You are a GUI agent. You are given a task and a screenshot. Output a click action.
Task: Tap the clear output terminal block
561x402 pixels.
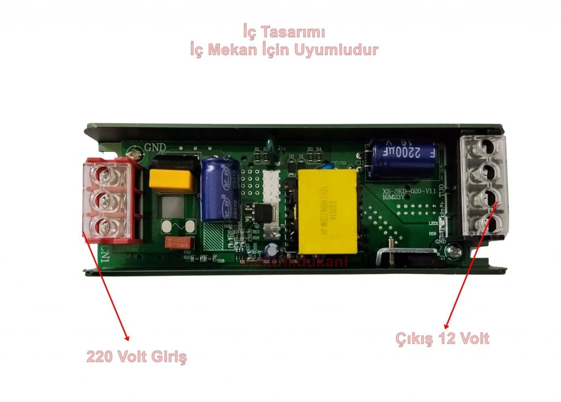click(x=484, y=186)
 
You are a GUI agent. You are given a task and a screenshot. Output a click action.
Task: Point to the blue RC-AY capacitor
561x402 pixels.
click(x=216, y=189)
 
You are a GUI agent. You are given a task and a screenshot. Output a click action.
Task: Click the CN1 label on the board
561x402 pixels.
click(x=106, y=254)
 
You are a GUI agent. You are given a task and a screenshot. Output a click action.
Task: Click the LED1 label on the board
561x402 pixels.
click(x=433, y=223)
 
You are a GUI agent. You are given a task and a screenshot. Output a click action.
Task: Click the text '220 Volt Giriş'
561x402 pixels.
click(x=136, y=357)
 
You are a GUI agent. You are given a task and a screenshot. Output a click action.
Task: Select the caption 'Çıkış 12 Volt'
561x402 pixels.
click(x=442, y=339)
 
